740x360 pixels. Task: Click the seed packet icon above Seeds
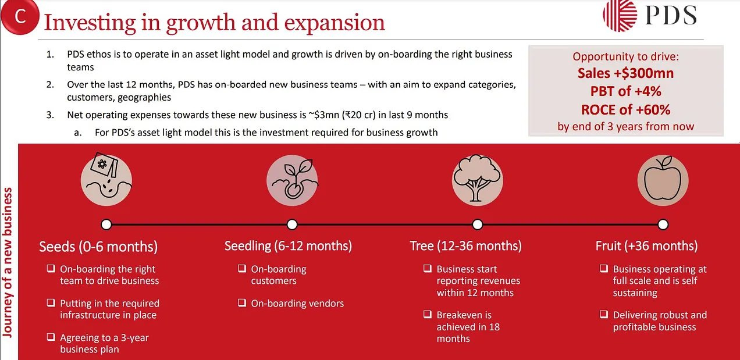point(106,179)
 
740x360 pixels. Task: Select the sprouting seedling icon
point(291,179)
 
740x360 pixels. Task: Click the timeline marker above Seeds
point(106,224)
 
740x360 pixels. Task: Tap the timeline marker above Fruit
point(663,224)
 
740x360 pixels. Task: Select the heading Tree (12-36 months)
point(465,246)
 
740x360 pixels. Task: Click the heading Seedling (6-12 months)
point(288,246)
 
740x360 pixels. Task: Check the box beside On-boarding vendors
point(242,303)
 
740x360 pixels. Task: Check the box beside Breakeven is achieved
point(428,315)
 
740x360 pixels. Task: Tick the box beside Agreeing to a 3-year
point(51,337)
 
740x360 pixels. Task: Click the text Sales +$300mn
point(625,73)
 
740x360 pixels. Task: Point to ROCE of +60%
point(625,109)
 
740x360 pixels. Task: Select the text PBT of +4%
point(625,91)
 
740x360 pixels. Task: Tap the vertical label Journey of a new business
point(8,262)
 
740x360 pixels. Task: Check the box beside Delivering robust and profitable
point(604,315)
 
